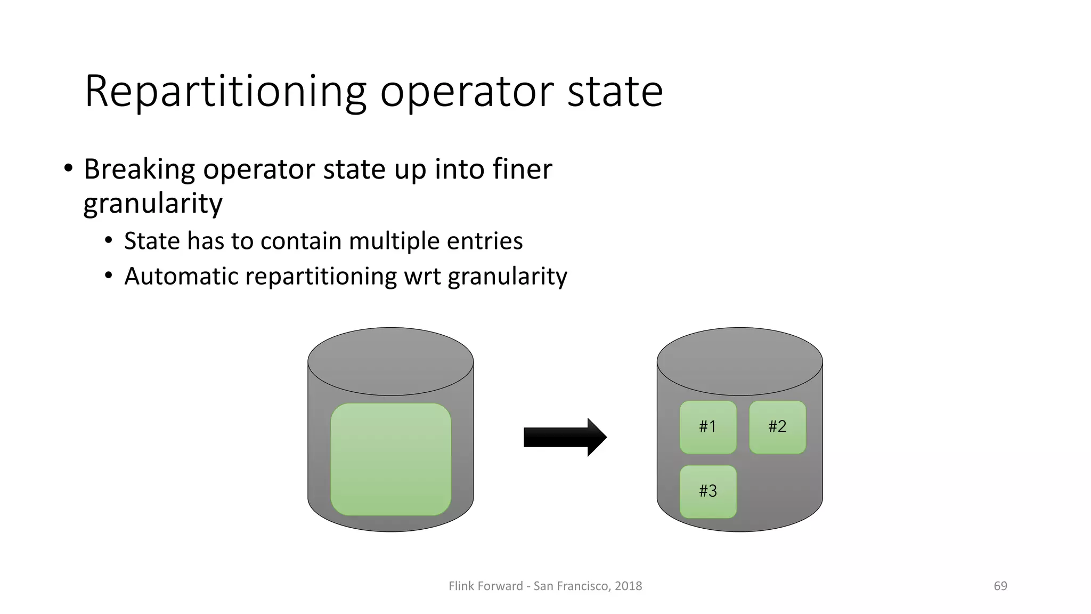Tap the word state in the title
tap(615, 92)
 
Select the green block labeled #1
tap(708, 427)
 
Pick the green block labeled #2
tap(777, 427)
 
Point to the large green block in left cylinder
tap(390, 459)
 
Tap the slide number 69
tap(1000, 586)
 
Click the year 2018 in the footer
tap(628, 586)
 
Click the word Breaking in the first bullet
tap(140, 169)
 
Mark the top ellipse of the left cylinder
tap(390, 361)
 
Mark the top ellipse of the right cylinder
tap(739, 361)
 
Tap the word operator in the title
tap(467, 92)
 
